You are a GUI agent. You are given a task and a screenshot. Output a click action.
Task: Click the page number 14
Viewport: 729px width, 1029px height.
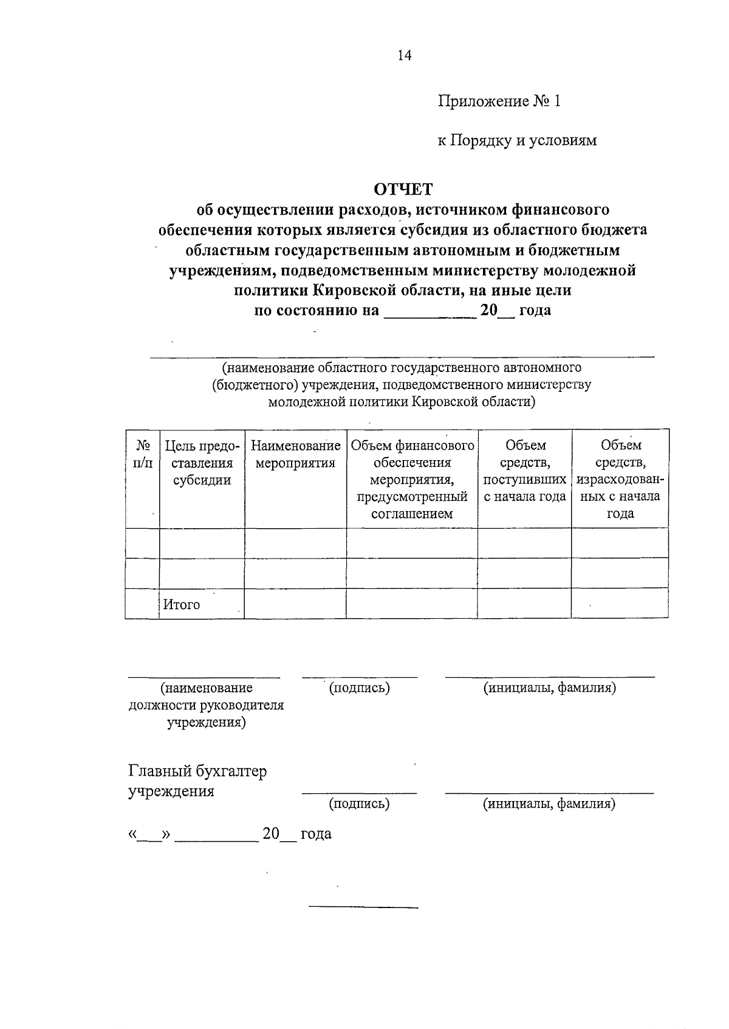405,55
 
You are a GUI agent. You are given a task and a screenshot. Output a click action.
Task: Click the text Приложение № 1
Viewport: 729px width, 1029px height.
499,101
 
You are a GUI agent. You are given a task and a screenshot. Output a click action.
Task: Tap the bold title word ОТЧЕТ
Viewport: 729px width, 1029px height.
403,190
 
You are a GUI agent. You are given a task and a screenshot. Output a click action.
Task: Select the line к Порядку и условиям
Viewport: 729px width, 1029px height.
517,140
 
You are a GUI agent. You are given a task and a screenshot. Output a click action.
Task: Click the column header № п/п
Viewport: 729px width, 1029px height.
142,455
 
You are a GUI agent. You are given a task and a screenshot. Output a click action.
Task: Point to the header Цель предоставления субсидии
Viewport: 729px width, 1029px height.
202,463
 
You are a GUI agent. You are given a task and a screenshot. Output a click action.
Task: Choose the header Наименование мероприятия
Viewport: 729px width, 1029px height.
295,455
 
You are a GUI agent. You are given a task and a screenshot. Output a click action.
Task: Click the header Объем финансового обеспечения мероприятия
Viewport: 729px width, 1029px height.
412,480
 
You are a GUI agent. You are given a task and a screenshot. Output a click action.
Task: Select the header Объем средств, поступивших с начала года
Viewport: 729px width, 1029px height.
525,471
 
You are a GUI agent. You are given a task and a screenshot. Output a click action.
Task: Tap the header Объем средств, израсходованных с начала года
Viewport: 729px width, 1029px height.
620,480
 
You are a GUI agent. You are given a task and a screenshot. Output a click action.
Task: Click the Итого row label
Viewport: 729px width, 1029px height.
181,605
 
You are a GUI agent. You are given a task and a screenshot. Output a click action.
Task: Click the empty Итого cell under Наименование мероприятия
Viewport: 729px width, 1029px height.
295,604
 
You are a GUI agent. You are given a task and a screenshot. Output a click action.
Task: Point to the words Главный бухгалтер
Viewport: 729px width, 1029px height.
197,771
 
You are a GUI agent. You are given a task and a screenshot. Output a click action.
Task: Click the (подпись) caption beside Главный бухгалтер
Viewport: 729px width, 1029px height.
359,804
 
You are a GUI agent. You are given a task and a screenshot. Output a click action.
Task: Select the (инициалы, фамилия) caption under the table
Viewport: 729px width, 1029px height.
550,688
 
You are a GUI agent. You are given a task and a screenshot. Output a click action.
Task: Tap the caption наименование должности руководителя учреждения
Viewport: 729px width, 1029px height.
207,705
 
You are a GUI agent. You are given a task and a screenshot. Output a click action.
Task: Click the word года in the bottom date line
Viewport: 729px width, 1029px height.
316,833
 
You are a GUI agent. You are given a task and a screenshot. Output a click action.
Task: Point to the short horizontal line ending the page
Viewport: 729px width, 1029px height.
363,907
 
